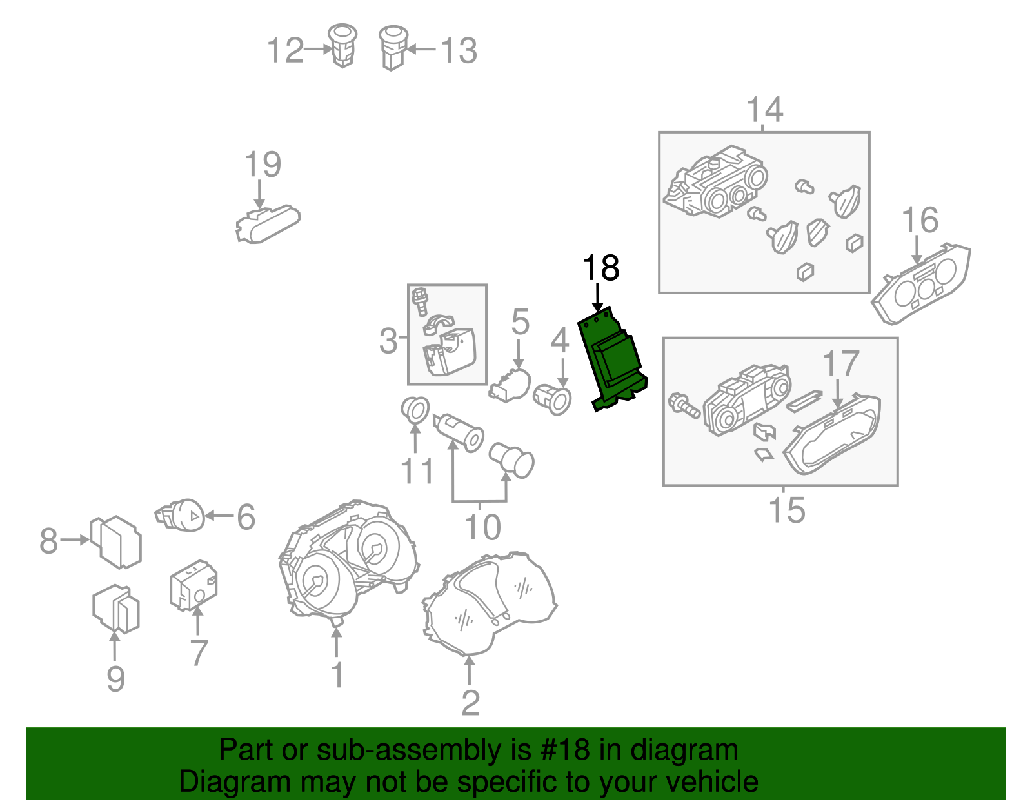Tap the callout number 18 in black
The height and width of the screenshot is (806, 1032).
(600, 268)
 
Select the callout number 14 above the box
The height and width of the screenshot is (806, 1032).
(764, 110)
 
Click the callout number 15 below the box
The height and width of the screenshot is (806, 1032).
(787, 510)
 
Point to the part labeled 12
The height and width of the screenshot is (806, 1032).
(342, 46)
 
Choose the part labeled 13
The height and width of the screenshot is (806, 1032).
(393, 48)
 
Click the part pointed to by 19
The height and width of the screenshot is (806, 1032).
(268, 224)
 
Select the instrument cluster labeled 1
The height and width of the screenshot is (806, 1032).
(348, 562)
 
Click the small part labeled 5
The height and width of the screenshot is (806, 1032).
(510, 385)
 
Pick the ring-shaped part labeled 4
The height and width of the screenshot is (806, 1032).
(552, 399)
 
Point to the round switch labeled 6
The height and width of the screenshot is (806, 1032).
(180, 516)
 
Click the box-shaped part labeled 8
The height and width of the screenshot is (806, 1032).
(116, 542)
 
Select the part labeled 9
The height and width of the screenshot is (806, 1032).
(116, 609)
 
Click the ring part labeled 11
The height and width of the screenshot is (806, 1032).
(415, 409)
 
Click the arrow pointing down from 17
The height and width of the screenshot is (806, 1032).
(838, 392)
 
